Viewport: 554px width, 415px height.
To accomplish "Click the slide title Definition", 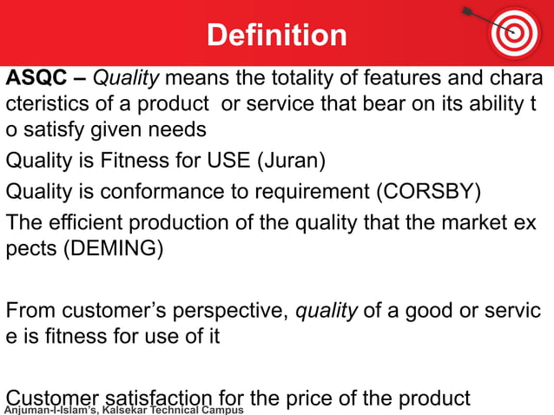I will [x=276, y=35].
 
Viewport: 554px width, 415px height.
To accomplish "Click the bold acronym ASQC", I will [x=35, y=79].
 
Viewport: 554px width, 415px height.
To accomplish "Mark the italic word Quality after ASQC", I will [x=126, y=79].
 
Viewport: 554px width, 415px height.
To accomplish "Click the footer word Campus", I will [x=222, y=409].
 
